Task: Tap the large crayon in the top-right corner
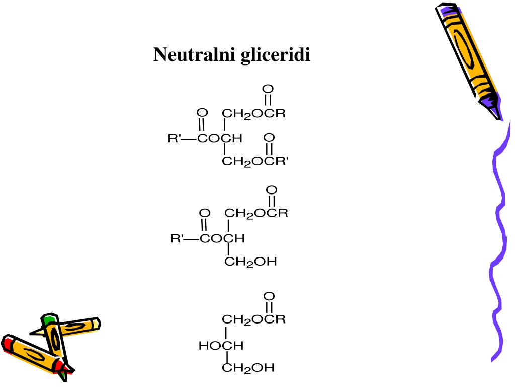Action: (469, 61)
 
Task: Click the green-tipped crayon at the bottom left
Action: (56, 346)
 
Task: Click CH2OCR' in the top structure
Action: (255, 162)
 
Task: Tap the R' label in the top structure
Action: (174, 138)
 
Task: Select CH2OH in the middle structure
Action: (250, 262)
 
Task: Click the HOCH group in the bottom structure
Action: (221, 346)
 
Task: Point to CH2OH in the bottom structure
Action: (248, 368)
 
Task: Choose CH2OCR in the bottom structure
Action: (253, 319)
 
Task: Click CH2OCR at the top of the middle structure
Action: (256, 214)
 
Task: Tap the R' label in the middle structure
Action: (177, 238)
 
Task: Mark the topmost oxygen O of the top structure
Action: (268, 89)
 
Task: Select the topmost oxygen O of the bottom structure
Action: (269, 296)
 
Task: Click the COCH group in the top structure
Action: (220, 138)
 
